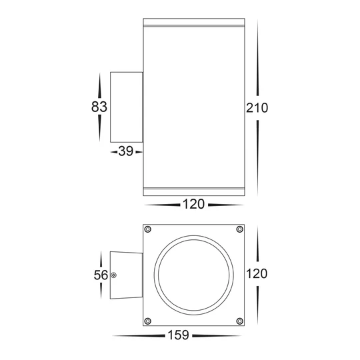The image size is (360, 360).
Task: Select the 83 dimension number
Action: (x=100, y=106)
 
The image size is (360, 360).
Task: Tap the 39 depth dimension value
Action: (x=125, y=153)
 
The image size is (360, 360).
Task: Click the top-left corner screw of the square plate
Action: (x=148, y=230)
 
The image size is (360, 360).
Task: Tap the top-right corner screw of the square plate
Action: (x=239, y=230)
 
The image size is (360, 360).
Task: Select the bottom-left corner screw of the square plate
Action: (x=148, y=320)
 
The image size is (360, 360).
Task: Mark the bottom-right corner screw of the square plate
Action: (x=239, y=320)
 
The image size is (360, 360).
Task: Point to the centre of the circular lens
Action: (x=193, y=275)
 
